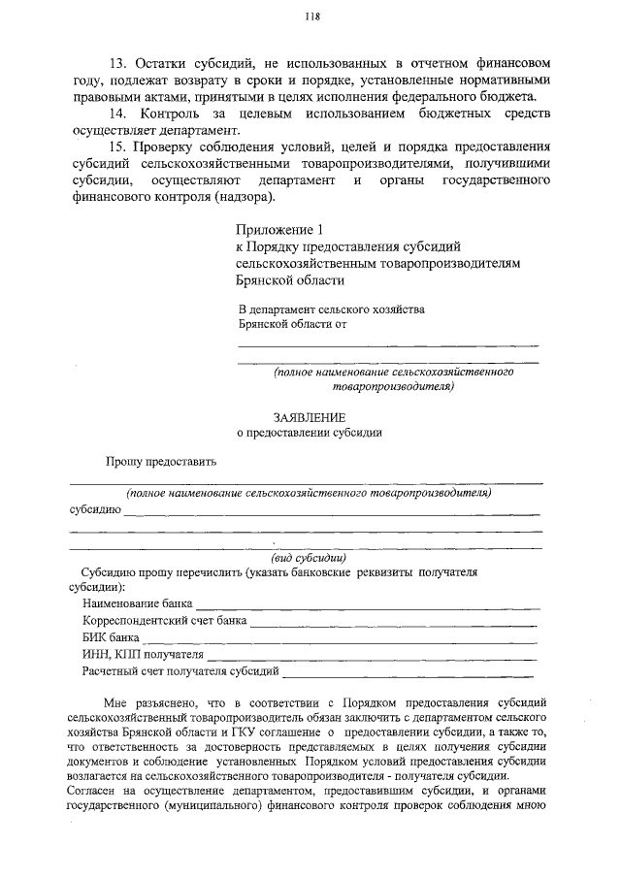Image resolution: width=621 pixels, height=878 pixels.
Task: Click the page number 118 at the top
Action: [311, 16]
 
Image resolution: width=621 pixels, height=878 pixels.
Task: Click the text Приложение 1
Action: [277, 230]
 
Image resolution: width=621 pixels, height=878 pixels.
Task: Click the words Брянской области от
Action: [293, 326]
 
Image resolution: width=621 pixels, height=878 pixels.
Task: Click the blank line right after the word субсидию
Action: [331, 513]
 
